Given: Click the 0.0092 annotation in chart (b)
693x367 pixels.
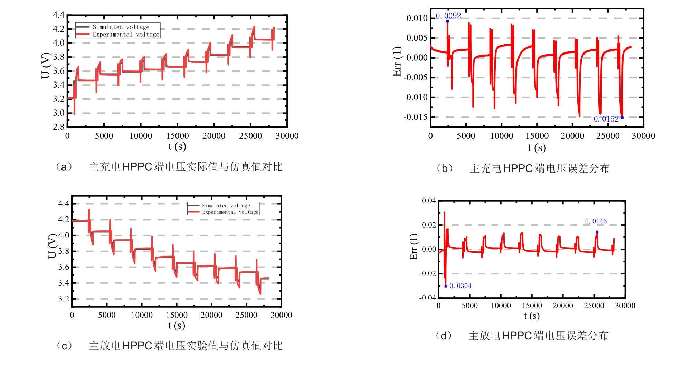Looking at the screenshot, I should point(448,16).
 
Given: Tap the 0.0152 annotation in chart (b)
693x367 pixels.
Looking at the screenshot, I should point(606,119).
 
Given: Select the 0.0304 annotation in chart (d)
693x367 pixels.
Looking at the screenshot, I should point(460,286).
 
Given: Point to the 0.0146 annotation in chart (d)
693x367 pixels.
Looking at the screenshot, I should point(596,221).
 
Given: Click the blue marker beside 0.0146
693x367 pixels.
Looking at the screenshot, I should point(597,232).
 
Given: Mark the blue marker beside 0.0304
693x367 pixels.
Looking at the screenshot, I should point(446,286).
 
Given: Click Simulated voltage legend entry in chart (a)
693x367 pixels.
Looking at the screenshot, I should point(121,27).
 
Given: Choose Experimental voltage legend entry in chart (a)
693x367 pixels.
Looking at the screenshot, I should point(126,35).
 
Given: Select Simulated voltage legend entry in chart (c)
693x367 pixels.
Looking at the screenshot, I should point(226,206).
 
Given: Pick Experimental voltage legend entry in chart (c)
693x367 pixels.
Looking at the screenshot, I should point(230,212).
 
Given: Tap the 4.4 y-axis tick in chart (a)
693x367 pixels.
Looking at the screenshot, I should point(59,15).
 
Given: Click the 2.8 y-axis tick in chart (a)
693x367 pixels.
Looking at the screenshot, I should point(59,127).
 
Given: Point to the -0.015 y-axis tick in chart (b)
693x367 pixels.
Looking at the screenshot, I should point(415,117).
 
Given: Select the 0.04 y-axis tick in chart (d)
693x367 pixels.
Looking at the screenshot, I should point(429,201).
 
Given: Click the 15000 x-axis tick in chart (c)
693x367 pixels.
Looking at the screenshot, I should point(177,315).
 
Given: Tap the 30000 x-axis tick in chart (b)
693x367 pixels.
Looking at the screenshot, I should point(643,136).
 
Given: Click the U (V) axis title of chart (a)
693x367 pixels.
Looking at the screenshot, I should point(46,66).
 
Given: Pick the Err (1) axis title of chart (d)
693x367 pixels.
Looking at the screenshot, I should point(414,247).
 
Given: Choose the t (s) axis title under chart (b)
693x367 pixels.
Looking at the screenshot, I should point(537,148).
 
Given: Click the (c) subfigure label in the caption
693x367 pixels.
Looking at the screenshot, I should point(64,346).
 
